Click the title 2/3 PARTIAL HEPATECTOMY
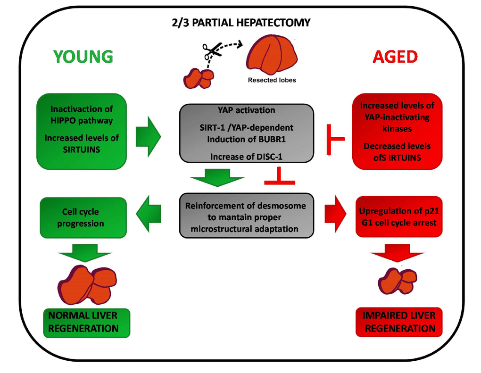click(x=241, y=22)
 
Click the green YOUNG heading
click(x=83, y=57)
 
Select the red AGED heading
click(x=395, y=57)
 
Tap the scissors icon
click(x=210, y=51)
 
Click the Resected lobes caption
click(x=272, y=80)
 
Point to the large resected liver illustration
click(x=272, y=54)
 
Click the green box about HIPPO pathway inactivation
click(x=83, y=131)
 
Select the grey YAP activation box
click(x=246, y=133)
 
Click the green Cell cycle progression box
click(x=84, y=217)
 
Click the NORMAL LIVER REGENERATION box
click(x=86, y=322)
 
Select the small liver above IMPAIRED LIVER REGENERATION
click(x=398, y=280)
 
